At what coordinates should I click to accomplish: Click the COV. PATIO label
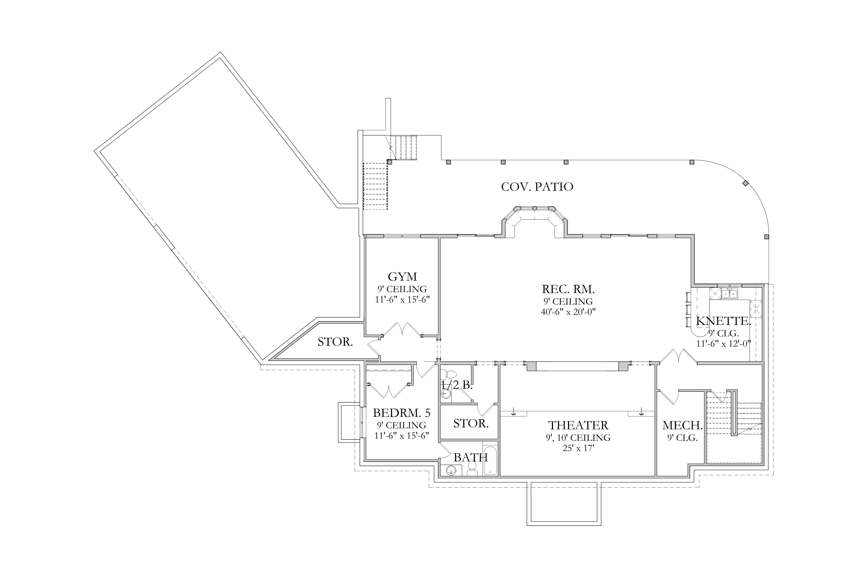[x=537, y=187]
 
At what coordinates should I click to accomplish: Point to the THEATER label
[x=578, y=425]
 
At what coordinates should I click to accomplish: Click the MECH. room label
[x=682, y=425]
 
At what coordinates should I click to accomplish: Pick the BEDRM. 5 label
[x=401, y=412]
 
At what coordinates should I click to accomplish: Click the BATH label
[x=471, y=457]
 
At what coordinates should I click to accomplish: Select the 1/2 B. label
[x=456, y=385]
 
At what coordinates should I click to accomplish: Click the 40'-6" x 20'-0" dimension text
[x=568, y=312]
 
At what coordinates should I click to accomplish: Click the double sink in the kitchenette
[x=729, y=294]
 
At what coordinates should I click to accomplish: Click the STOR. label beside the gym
[x=335, y=342]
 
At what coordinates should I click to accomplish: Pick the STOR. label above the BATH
[x=471, y=423]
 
